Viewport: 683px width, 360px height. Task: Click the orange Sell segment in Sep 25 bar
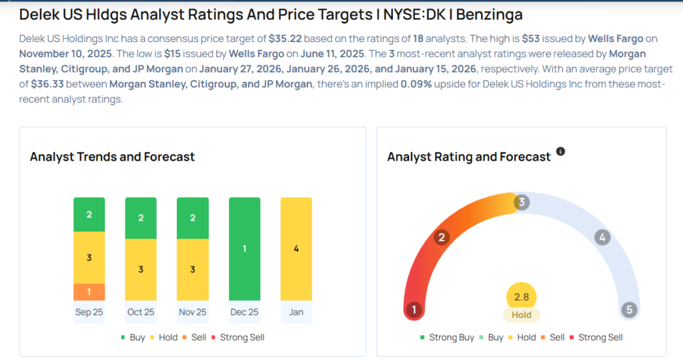(89, 292)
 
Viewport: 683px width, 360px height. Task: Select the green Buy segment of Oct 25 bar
(141, 218)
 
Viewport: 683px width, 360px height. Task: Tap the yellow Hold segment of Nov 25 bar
(193, 269)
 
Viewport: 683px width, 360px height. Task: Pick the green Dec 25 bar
(245, 249)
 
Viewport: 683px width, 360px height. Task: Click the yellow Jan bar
(296, 249)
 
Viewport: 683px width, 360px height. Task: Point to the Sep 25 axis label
(89, 312)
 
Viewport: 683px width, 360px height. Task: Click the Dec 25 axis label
(245, 312)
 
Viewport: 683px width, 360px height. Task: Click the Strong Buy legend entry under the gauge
(447, 337)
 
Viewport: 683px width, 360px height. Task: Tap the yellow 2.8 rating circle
(522, 297)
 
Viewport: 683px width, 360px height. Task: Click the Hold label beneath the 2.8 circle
(522, 315)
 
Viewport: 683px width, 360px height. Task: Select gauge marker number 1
(414, 310)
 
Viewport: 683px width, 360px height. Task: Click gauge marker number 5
(628, 310)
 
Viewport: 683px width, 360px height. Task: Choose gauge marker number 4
(602, 237)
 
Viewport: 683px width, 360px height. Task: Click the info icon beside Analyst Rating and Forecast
(560, 152)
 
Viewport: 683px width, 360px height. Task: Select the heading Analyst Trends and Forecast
(112, 157)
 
